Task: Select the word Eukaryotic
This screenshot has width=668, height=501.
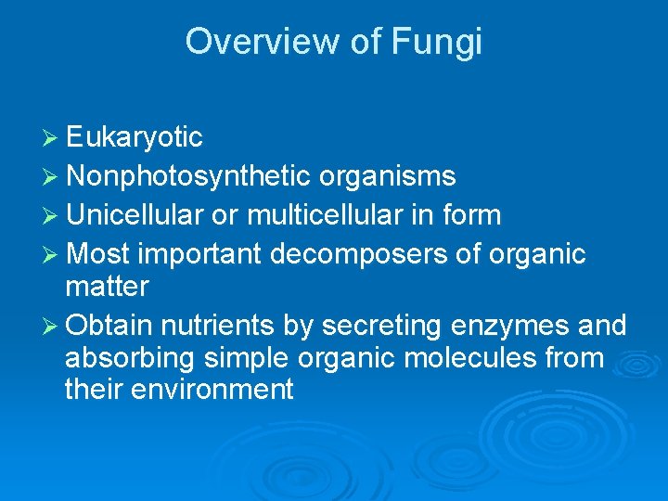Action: point(135,138)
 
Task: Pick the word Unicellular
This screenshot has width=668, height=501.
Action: point(135,215)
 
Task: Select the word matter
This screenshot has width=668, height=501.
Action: point(107,287)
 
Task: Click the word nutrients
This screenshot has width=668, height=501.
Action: point(217,326)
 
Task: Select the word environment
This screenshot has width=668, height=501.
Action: point(212,390)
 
